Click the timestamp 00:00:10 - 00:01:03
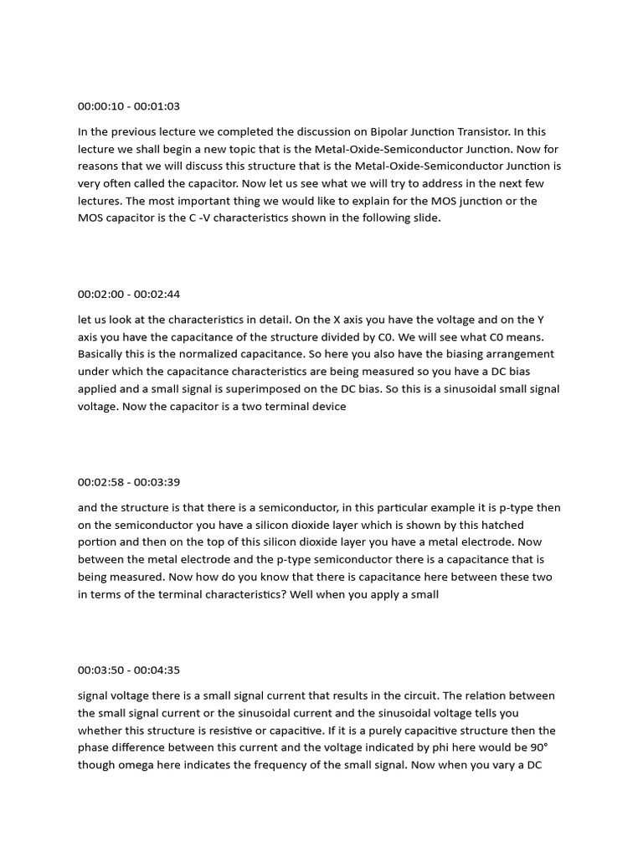pyautogui.click(x=129, y=106)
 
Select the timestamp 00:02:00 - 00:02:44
pyautogui.click(x=129, y=294)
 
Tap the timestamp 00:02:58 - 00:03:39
pyautogui.click(x=129, y=482)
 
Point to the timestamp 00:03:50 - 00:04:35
pyautogui.click(x=129, y=670)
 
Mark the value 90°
pyautogui.click(x=542, y=747)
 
